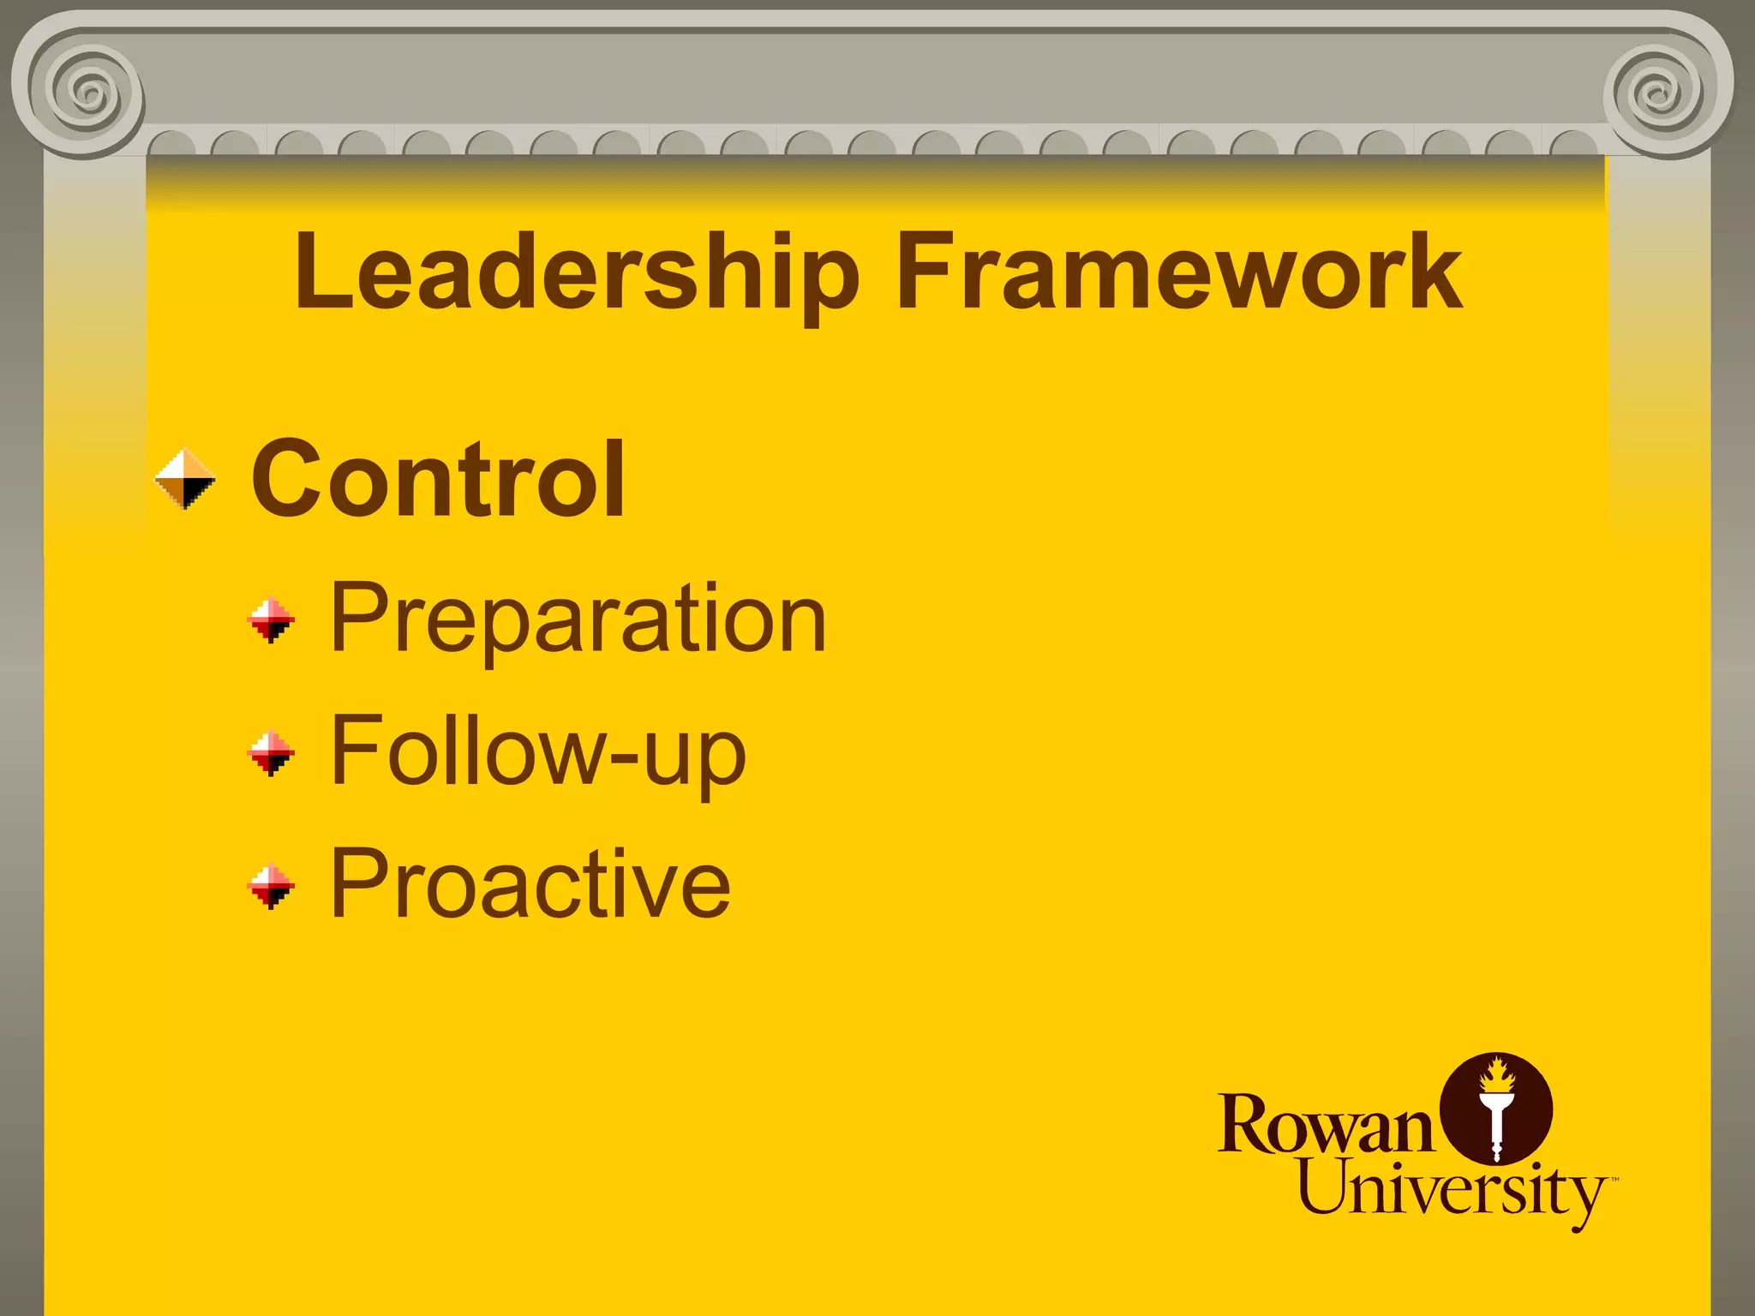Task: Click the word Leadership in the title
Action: pyautogui.click(x=576, y=272)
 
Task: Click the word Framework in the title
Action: pyautogui.click(x=1179, y=272)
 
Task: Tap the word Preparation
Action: pyautogui.click(x=578, y=619)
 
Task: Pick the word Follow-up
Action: pyautogui.click(x=538, y=751)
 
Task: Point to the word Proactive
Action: pyautogui.click(x=530, y=883)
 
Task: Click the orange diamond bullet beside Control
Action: pyautogui.click(x=185, y=479)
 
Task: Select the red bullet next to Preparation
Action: pyautogui.click(x=271, y=619)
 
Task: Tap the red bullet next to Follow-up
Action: pyautogui.click(x=271, y=752)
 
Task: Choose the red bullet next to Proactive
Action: pyautogui.click(x=271, y=886)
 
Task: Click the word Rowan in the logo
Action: pyautogui.click(x=1325, y=1124)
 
